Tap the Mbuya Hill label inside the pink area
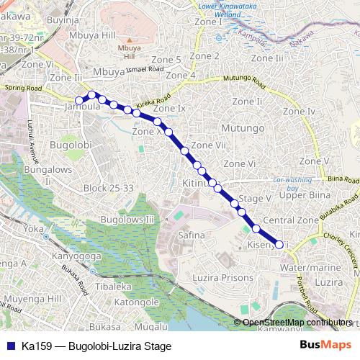click(x=125, y=51)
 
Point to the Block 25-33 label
click(x=109, y=188)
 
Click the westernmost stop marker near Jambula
click(x=79, y=101)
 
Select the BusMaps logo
click(x=325, y=346)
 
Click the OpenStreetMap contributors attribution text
click(x=297, y=323)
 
